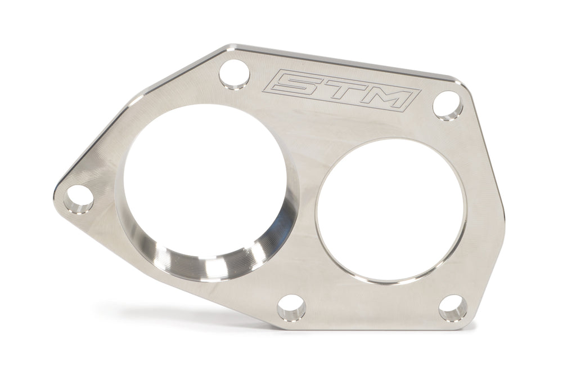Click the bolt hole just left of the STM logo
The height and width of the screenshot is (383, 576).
pyautogui.click(x=234, y=75)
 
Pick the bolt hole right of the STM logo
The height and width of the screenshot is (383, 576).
pyautogui.click(x=447, y=105)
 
